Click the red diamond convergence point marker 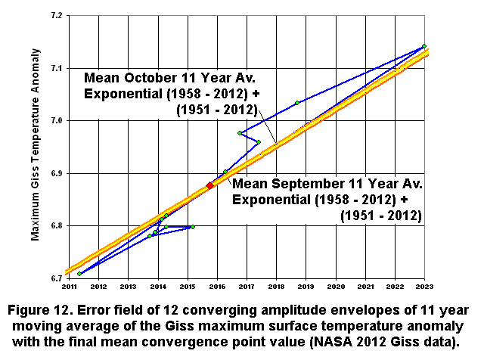click(210, 185)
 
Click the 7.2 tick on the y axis click(55, 15)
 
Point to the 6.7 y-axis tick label click(55, 278)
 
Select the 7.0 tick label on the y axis click(55, 120)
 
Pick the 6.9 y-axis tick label click(55, 173)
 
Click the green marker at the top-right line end click(424, 46)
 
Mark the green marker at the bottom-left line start click(79, 273)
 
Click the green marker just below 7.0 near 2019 click(308, 123)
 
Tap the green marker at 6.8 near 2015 click(193, 226)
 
